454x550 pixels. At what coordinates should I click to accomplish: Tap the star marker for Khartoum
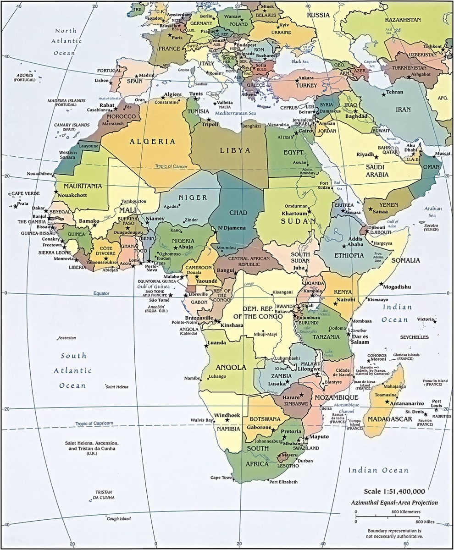pyautogui.click(x=309, y=211)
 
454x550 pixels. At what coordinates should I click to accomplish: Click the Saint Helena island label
pyautogui.click(x=117, y=387)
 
